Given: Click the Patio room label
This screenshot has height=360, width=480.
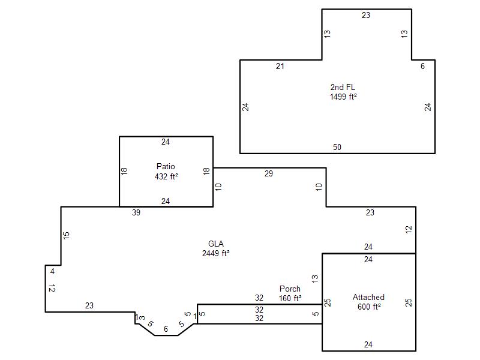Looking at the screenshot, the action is pyautogui.click(x=166, y=167).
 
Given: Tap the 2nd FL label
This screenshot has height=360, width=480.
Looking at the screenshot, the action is pyautogui.click(x=343, y=87).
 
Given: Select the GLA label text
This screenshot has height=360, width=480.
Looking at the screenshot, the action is pyautogui.click(x=216, y=244).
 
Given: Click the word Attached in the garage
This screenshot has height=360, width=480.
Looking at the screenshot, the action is pyautogui.click(x=368, y=297).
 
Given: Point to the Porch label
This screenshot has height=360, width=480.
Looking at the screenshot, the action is pyautogui.click(x=290, y=289).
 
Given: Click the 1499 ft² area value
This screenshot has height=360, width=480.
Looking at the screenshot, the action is pyautogui.click(x=343, y=97).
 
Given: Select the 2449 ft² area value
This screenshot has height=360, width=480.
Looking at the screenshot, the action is pyautogui.click(x=216, y=253).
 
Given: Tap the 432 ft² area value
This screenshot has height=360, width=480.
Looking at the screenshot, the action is pyautogui.click(x=166, y=176).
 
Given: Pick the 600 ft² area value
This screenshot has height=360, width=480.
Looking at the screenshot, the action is pyautogui.click(x=369, y=307).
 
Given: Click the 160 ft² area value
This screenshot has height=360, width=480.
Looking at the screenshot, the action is pyautogui.click(x=290, y=298).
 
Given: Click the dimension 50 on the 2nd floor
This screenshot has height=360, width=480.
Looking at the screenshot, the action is pyautogui.click(x=337, y=147).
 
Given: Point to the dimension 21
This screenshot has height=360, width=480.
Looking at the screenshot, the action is pyautogui.click(x=280, y=66).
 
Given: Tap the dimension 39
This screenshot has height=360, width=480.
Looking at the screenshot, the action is pyautogui.click(x=136, y=212).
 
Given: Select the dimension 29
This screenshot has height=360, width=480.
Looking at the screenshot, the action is pyautogui.click(x=268, y=173).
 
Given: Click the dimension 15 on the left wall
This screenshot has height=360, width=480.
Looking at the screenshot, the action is pyautogui.click(x=66, y=235).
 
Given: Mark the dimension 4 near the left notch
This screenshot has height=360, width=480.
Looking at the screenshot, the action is pyautogui.click(x=52, y=272).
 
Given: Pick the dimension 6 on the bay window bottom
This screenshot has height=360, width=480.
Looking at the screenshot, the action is pyautogui.click(x=166, y=329).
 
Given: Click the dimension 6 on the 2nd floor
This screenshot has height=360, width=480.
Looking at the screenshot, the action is pyautogui.click(x=422, y=66).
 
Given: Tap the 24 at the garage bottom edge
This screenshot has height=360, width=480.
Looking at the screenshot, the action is pyautogui.click(x=368, y=344).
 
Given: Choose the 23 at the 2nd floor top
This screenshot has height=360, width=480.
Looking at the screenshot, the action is pyautogui.click(x=366, y=16).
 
